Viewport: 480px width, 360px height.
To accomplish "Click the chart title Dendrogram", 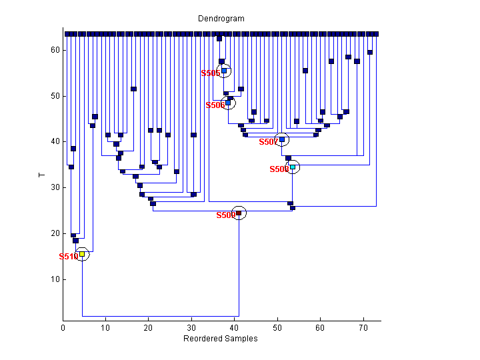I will pos(221,18).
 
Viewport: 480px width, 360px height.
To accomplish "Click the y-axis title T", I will pos(41,175).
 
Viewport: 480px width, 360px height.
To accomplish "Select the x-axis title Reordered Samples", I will pos(221,339).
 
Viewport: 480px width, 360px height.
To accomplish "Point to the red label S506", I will pos(215,105).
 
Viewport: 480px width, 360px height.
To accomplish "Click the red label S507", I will pos(268,142).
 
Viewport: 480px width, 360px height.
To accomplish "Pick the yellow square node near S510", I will pos(82,254).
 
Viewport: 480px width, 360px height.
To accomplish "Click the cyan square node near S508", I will pos(293,167).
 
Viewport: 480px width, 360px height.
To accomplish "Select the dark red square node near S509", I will pos(239,213).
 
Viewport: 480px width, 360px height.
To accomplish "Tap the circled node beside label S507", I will pos(282,139).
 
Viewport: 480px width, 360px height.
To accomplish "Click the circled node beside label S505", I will pos(225,71).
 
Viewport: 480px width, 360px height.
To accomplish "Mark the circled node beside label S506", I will pos(228,103).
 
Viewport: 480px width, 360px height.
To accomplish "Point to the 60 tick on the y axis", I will pos(56,50).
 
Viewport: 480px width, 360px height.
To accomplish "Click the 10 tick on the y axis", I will pos(56,279).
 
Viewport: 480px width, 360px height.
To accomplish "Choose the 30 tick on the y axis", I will pos(56,187).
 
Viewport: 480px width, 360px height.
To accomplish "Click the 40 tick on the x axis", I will pos(234,328).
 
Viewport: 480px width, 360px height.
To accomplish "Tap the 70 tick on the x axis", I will pos(363,328).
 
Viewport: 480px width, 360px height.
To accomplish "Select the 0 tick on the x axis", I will pos(63,328).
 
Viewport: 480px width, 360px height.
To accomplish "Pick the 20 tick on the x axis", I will pos(149,328).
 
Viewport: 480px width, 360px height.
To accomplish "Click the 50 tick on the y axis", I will pos(56,96).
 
